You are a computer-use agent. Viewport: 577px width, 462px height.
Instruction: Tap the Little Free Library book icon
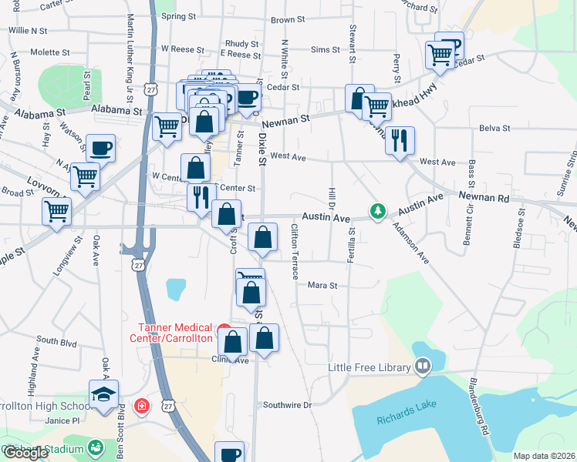coord(423,367)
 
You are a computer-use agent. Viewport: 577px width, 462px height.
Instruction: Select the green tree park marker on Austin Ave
coord(377,210)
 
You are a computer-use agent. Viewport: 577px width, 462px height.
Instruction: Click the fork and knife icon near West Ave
coord(400,140)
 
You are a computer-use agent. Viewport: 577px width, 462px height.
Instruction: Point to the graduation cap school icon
coord(103,393)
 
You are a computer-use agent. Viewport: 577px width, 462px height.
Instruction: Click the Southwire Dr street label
coord(286,404)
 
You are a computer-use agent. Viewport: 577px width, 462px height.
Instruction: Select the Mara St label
coord(323,285)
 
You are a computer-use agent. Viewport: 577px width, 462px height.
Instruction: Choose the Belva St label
coord(494,128)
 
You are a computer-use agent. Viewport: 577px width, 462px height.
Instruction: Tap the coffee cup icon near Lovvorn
coord(100,147)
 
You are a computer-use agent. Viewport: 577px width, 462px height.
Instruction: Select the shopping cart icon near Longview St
coord(57,209)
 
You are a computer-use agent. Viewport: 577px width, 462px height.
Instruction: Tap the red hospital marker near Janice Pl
coord(142,406)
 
